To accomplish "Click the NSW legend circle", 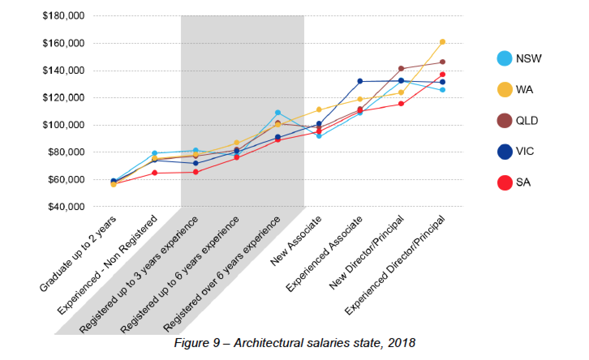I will click(505, 58).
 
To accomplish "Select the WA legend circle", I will click(505, 90).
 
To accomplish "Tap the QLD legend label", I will click(527, 121).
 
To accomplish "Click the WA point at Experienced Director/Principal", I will click(443, 42).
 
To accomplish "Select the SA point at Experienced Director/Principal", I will click(443, 75).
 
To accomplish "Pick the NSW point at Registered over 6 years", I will click(278, 112).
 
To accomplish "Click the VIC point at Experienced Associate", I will click(360, 81).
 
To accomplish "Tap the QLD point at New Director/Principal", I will click(401, 69).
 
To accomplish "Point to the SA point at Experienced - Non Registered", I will click(155, 173).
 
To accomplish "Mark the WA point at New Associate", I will click(319, 109).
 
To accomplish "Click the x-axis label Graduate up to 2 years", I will click(78, 254).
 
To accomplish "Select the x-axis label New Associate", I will click(296, 241).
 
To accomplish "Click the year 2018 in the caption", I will click(402, 343).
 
